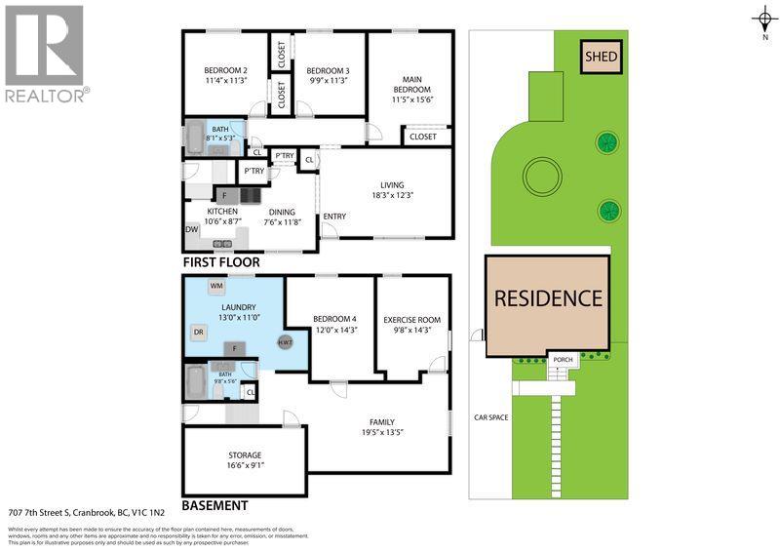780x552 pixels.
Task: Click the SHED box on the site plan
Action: (601, 57)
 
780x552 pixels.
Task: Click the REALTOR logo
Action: (45, 54)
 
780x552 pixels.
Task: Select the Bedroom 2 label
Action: (225, 70)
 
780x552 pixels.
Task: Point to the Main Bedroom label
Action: (410, 85)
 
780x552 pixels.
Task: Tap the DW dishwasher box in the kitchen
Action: (192, 229)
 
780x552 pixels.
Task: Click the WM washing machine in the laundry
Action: (216, 286)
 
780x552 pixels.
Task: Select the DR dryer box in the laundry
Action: (199, 332)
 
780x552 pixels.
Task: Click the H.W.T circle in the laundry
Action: (286, 341)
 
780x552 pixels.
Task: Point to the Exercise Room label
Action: (411, 320)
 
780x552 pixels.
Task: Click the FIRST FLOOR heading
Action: (221, 263)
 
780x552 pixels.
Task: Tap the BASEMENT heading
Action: (214, 506)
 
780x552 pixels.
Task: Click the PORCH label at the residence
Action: (563, 360)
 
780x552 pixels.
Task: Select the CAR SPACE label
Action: (490, 417)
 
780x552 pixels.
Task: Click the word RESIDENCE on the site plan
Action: (547, 298)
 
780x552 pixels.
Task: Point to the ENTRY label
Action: (334, 217)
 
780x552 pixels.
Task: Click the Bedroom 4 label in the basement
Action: (334, 319)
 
